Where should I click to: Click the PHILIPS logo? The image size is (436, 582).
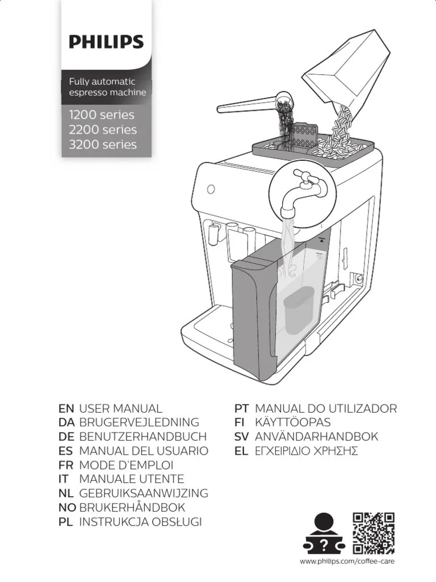point(106,42)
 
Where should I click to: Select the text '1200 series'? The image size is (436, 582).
point(102,115)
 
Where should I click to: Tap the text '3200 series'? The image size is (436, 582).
point(103,144)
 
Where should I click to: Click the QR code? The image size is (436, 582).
point(374,533)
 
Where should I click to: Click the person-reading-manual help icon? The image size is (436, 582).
point(324,533)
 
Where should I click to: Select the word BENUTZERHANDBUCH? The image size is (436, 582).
point(142,437)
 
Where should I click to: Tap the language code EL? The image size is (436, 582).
point(242,451)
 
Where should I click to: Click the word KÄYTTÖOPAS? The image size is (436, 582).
point(293,423)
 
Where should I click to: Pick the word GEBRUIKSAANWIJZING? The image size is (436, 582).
point(144,493)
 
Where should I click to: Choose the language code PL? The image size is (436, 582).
point(66,522)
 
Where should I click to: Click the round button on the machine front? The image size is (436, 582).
point(212,188)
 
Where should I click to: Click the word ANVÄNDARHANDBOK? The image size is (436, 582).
point(317,437)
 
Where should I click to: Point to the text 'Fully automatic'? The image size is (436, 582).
point(102,81)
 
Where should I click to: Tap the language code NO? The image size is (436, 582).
point(67,508)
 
